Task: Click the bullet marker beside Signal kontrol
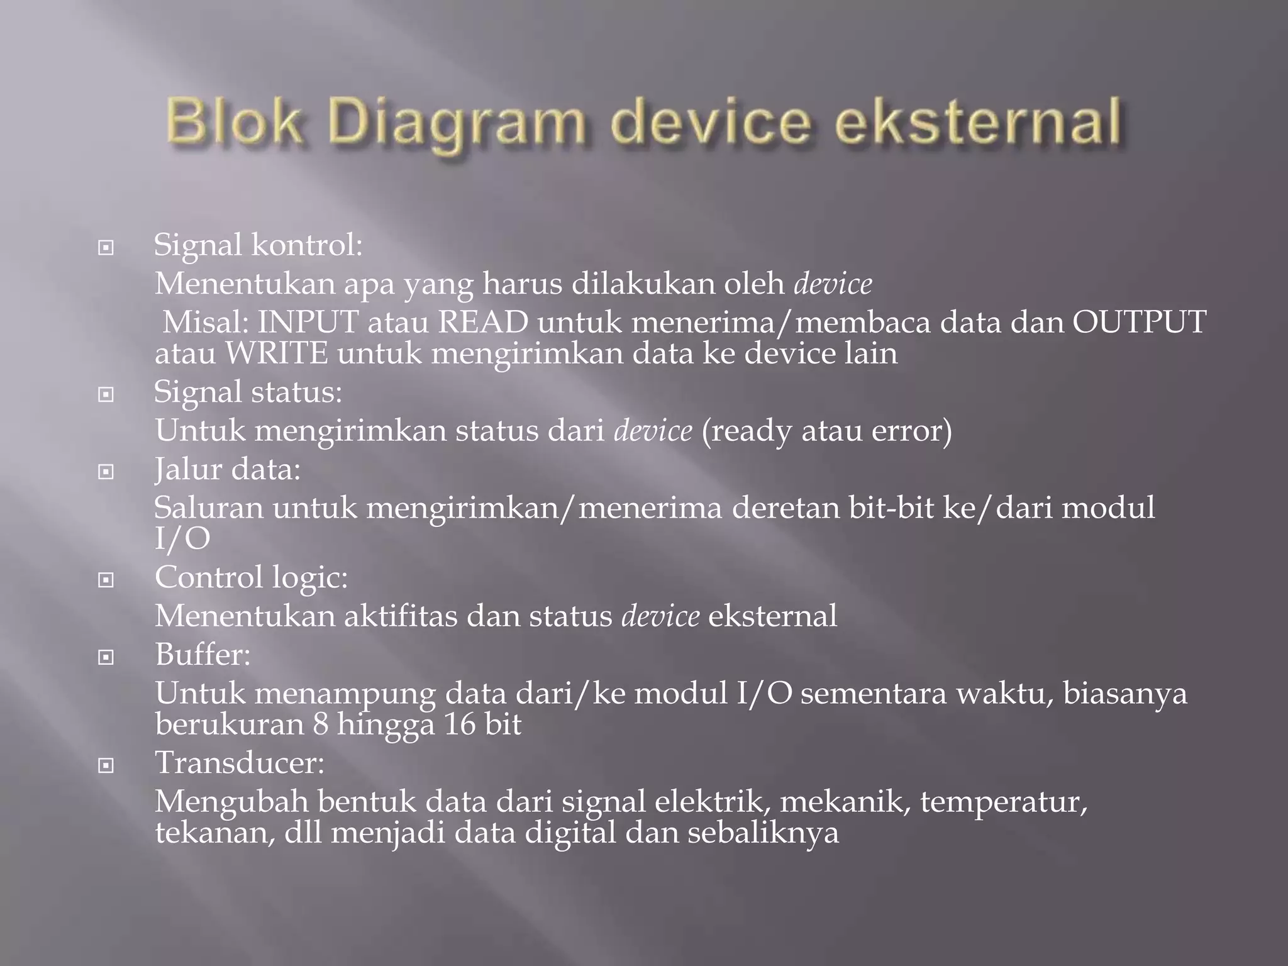(106, 248)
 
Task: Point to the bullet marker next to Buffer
(106, 658)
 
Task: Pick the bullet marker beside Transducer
(106, 766)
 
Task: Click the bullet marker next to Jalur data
(106, 472)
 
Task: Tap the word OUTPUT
(1139, 322)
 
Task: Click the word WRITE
(277, 353)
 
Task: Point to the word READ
(483, 322)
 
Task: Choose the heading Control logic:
(251, 577)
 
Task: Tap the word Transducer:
(240, 763)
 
